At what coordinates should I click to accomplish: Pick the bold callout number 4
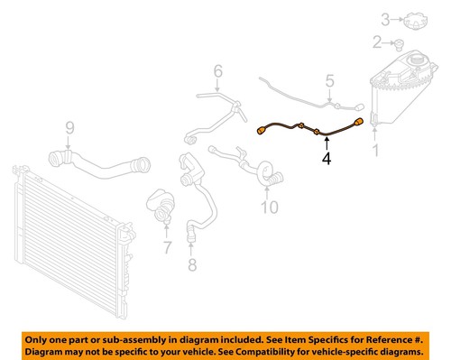[x=327, y=160]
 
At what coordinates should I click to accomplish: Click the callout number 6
[x=217, y=70]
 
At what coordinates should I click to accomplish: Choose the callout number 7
[x=166, y=247]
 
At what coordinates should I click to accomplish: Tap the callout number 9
[x=69, y=127]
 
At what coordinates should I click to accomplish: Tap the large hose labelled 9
[x=99, y=167]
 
